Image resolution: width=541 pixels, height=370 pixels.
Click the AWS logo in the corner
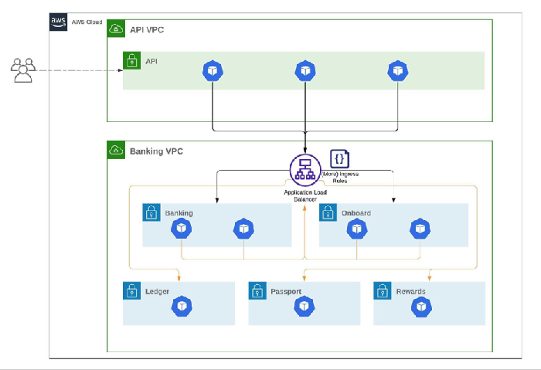pyautogui.click(x=58, y=22)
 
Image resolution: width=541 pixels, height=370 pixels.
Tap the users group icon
pyautogui.click(x=23, y=70)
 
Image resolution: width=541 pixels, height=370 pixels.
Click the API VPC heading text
pyautogui.click(x=147, y=30)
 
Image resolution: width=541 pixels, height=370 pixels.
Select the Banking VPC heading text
pyautogui.click(x=156, y=151)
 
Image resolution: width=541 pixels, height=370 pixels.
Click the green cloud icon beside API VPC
pyautogui.click(x=116, y=29)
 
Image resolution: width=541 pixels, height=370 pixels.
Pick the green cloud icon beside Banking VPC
pyautogui.click(x=116, y=150)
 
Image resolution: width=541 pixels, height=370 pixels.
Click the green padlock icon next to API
pyautogui.click(x=132, y=60)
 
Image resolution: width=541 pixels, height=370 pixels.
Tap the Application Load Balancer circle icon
pyautogui.click(x=305, y=170)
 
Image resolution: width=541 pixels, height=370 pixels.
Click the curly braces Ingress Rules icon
pyautogui.click(x=340, y=159)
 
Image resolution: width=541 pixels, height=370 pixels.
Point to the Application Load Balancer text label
pyautogui.click(x=305, y=195)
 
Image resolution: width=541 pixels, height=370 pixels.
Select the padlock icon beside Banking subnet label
pyautogui.click(x=151, y=212)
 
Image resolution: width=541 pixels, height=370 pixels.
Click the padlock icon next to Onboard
pyautogui.click(x=328, y=212)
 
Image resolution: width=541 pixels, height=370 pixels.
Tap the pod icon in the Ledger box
pyautogui.click(x=182, y=306)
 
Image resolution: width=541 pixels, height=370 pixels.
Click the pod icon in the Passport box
pyautogui.click(x=304, y=306)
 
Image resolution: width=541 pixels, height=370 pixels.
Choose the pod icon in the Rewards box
pyautogui.click(x=421, y=307)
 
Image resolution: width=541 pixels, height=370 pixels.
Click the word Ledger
pyautogui.click(x=158, y=291)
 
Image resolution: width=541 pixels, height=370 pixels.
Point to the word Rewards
pyautogui.click(x=410, y=291)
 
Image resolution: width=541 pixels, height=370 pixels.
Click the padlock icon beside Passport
pyautogui.click(x=257, y=290)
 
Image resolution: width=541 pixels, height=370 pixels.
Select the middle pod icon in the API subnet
pyautogui.click(x=305, y=71)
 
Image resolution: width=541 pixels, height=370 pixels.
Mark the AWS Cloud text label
pyautogui.click(x=87, y=22)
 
